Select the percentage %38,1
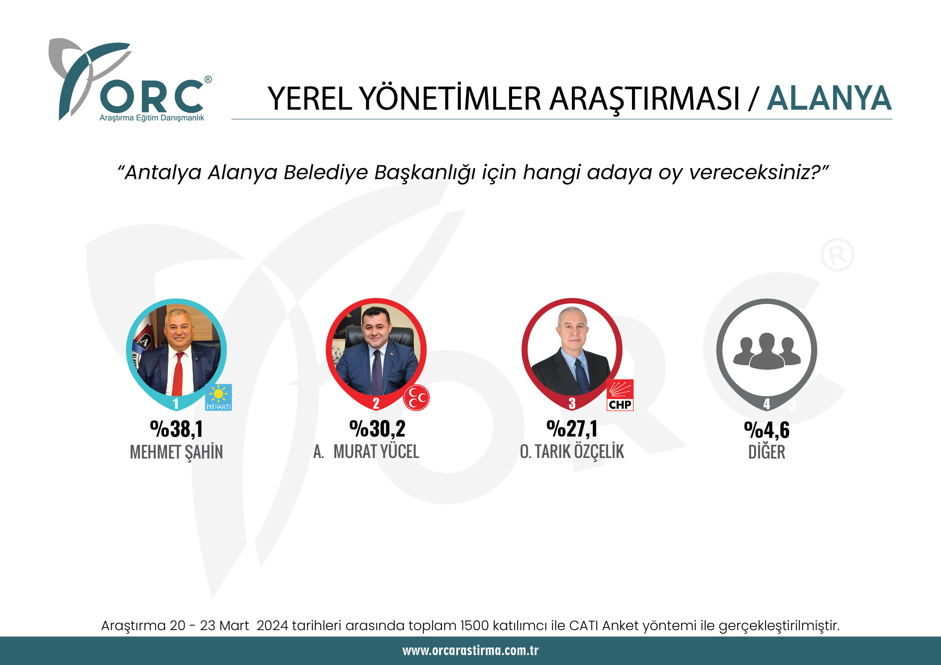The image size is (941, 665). (176, 429)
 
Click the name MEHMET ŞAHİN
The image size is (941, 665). (176, 452)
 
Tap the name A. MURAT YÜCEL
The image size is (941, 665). (366, 452)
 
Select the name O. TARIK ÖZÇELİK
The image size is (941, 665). (572, 452)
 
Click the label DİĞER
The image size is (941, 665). (766, 452)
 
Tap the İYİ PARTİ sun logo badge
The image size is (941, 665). (218, 397)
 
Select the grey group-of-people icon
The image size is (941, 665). (766, 351)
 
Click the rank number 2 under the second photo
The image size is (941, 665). (376, 404)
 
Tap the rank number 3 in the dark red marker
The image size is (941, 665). (572, 404)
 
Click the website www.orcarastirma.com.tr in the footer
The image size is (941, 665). (470, 650)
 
